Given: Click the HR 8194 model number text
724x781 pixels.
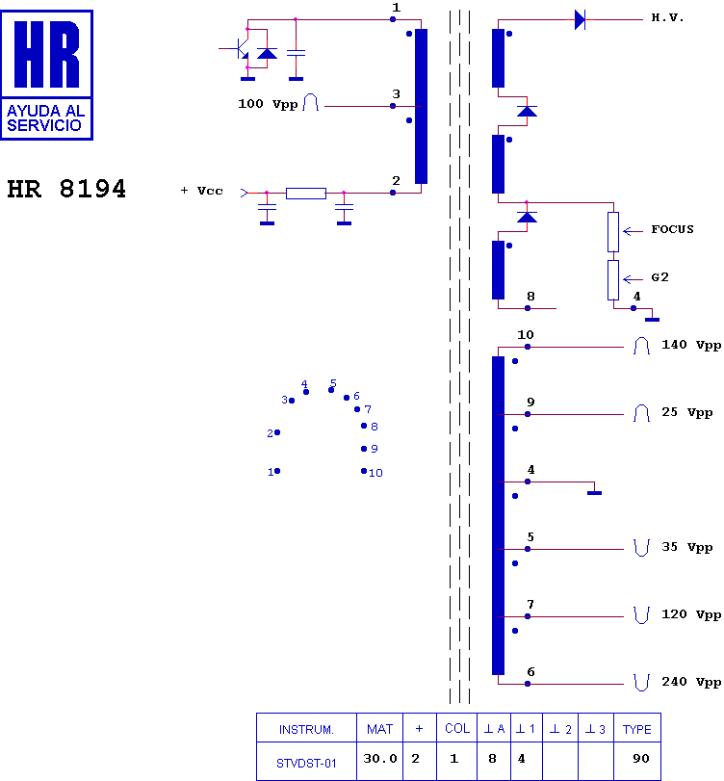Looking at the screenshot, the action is (66, 189).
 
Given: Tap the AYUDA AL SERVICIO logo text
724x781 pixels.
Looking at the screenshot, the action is (45, 118).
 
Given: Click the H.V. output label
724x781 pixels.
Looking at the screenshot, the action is (667, 18).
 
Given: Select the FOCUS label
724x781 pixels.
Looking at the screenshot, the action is (672, 229).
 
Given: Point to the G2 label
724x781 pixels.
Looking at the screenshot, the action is (659, 277).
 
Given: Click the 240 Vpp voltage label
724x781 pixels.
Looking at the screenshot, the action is (691, 682).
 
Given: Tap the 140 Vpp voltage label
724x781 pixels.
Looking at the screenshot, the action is (691, 345).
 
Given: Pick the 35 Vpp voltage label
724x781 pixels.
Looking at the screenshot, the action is (687, 547).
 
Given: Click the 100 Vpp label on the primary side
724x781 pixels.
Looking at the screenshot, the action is (268, 104).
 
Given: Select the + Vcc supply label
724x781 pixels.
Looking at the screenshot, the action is (201, 191).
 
